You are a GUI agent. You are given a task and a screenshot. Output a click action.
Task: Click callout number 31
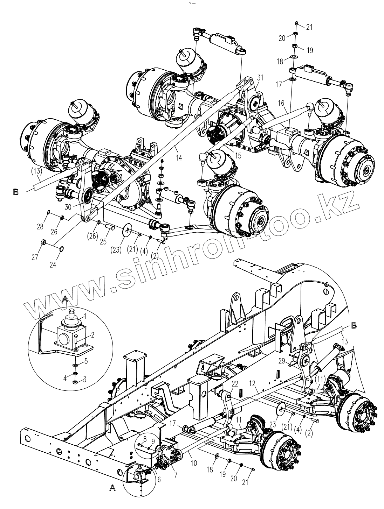[x=260, y=77]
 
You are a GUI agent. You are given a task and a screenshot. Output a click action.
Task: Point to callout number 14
[x=179, y=158]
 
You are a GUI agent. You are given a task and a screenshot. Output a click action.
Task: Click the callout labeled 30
[x=68, y=207]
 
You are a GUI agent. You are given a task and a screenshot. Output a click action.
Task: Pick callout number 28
[x=41, y=227]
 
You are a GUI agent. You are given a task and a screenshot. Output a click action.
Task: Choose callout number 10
[x=194, y=463]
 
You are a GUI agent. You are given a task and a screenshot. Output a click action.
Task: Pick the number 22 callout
[x=235, y=384]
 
